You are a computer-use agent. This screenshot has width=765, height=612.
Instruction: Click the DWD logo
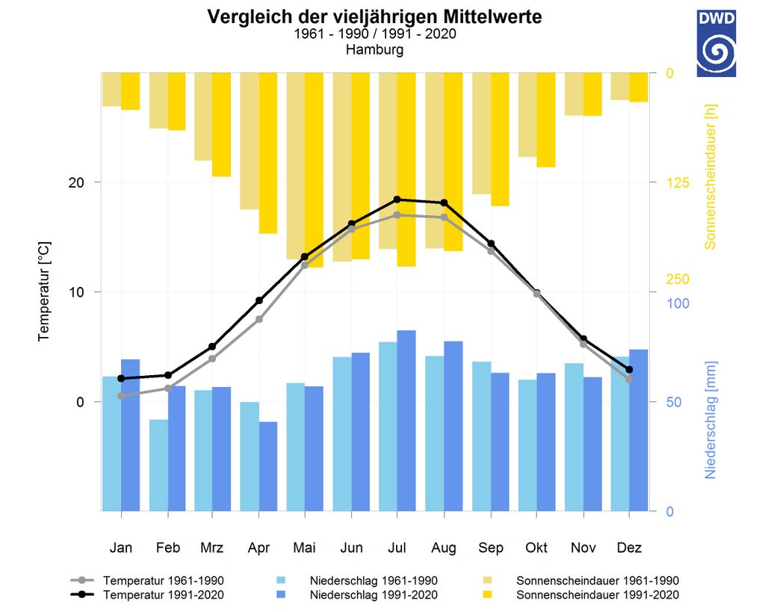(x=716, y=43)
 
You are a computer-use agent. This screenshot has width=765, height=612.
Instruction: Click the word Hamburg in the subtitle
(x=374, y=50)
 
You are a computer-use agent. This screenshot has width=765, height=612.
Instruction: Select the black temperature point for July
(x=397, y=200)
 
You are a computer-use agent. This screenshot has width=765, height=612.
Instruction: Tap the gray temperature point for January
(x=121, y=395)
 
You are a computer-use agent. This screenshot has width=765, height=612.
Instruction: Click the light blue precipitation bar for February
(x=158, y=465)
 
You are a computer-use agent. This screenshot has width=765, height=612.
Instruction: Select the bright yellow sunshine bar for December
(x=638, y=87)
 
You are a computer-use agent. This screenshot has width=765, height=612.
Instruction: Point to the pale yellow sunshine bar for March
(x=203, y=117)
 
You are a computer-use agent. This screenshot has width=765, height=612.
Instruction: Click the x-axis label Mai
(x=305, y=548)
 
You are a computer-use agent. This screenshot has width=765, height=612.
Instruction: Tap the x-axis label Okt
(x=536, y=548)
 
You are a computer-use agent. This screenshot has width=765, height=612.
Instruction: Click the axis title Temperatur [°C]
(x=44, y=291)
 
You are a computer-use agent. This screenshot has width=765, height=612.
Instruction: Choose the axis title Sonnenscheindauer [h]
(x=710, y=176)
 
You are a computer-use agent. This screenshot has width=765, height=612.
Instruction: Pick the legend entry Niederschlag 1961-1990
(x=374, y=581)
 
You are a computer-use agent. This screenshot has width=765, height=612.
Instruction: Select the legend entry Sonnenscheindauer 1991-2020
(x=598, y=595)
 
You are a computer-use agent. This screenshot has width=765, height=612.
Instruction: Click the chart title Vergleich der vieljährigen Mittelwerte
(x=374, y=16)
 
